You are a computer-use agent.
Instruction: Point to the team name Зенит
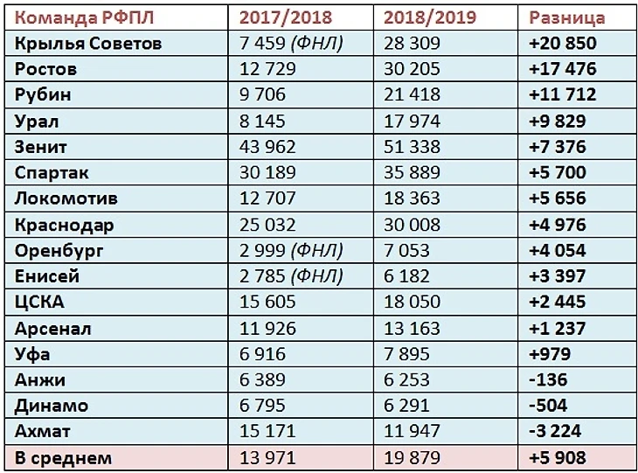point(42,147)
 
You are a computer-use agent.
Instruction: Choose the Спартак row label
point(52,173)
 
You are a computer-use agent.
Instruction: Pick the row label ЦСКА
point(40,303)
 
